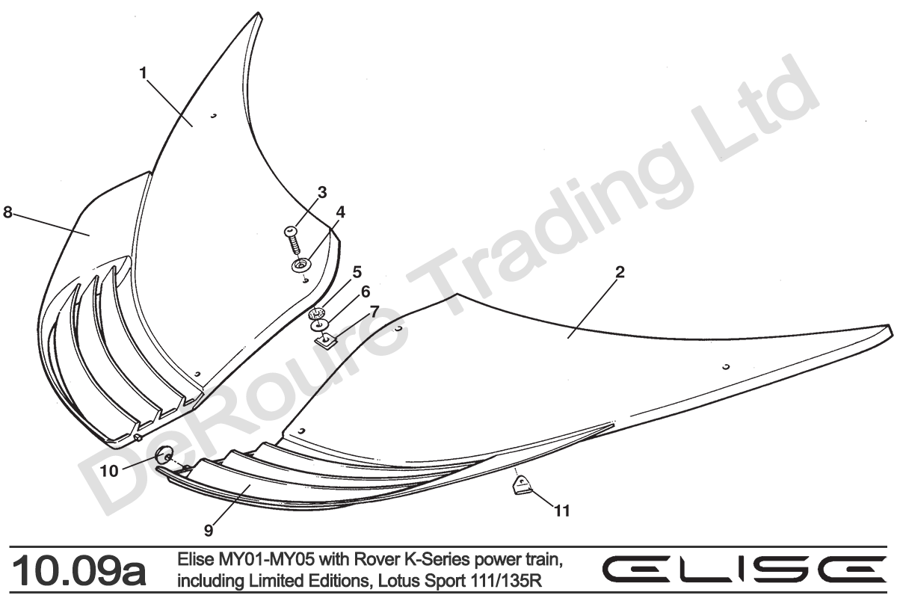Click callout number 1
144,73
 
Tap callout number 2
620,272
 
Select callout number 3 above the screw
322,193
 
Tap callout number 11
562,511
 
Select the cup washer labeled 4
301,265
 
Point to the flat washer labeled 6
318,325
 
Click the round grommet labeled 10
164,455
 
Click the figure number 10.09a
78,572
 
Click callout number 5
357,272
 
